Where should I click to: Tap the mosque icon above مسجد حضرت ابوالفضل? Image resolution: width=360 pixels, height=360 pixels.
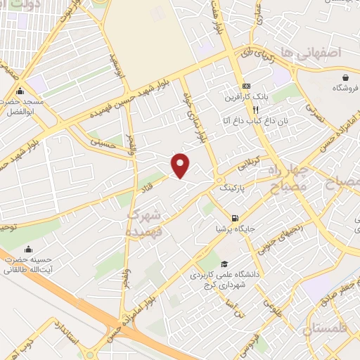[x=20, y=91]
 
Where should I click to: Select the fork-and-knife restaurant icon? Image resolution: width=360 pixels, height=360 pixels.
[x=257, y=110]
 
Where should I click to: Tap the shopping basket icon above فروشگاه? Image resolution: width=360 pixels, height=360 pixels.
[x=346, y=77]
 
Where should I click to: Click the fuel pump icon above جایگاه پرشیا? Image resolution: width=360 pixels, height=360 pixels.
[x=233, y=217]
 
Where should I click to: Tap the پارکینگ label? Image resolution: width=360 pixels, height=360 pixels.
[x=233, y=189]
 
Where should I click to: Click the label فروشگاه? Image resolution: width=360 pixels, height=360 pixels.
[x=346, y=89]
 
